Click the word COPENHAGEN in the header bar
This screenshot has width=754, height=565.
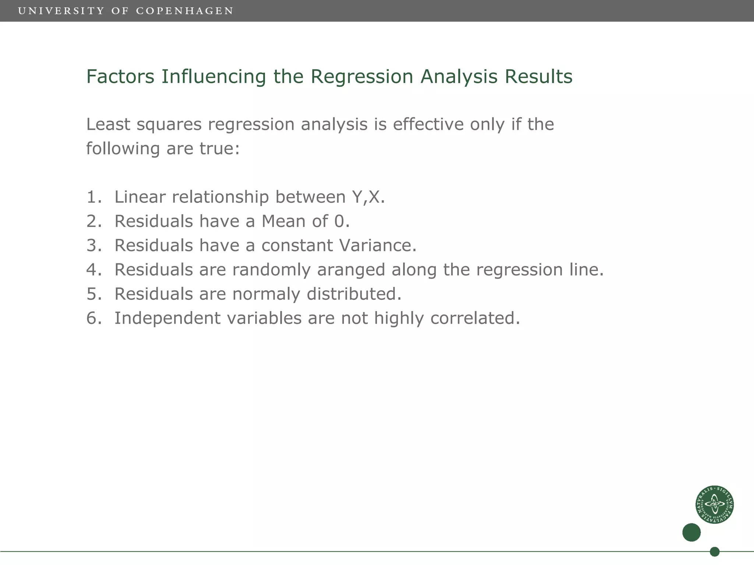click(x=184, y=11)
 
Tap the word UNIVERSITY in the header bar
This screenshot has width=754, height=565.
click(x=61, y=11)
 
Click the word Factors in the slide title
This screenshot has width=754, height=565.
click(x=120, y=77)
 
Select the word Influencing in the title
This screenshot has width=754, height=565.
click(x=214, y=77)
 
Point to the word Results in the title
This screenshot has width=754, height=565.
click(x=538, y=77)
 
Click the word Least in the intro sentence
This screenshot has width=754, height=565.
click(x=108, y=124)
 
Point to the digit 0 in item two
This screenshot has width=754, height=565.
click(x=339, y=221)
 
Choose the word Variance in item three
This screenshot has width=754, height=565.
click(x=375, y=245)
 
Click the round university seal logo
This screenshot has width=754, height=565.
click(x=715, y=504)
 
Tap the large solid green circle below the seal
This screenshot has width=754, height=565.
click(x=691, y=532)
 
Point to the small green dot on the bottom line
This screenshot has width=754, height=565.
click(x=715, y=552)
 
